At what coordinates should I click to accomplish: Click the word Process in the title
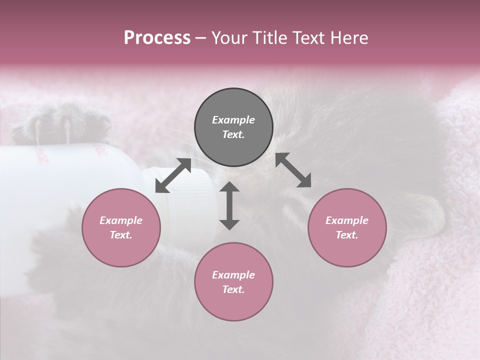(157, 38)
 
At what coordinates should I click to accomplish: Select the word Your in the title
(228, 38)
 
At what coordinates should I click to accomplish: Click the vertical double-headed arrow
(229, 205)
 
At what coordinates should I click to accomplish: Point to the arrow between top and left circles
(173, 175)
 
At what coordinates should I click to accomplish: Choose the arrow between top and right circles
(293, 170)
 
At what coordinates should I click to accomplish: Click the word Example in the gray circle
(233, 120)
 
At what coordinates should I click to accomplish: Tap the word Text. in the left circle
(121, 235)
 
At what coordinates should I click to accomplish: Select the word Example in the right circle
(347, 220)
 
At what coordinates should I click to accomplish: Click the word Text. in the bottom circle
(233, 289)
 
